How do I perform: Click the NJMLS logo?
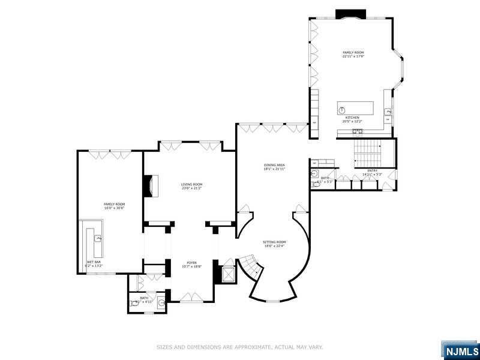pos(460,350)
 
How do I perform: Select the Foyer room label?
pos(191,264)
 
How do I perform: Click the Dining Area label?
pos(274,167)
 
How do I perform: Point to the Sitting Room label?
pos(274,244)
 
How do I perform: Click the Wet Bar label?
pos(94,263)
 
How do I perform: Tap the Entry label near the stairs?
pos(372,172)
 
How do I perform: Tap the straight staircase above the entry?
pos(366,153)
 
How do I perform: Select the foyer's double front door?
pos(191,296)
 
